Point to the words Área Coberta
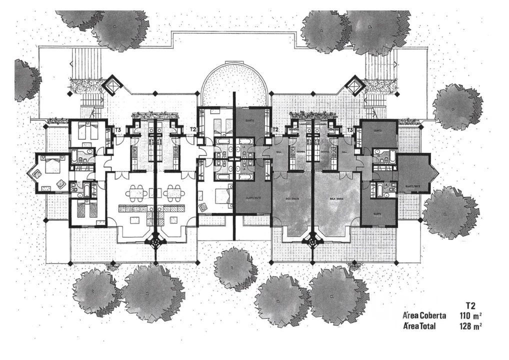422,315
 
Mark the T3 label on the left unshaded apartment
118,130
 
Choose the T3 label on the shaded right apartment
350,130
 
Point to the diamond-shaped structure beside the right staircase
355,85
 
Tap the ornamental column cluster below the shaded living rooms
312,241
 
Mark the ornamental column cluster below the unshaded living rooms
156,241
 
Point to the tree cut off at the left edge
25,80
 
